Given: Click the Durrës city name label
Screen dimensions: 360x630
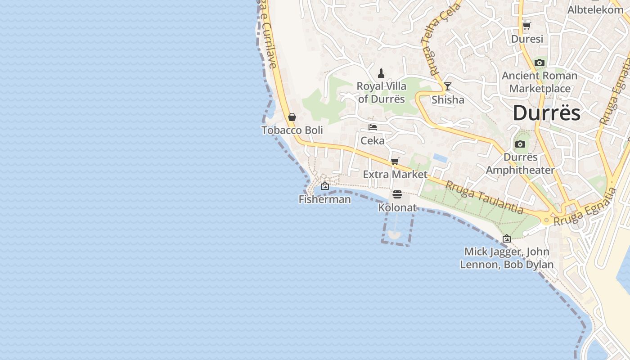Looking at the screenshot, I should click(546, 112).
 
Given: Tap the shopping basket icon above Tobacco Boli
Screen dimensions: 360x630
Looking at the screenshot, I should click(292, 117).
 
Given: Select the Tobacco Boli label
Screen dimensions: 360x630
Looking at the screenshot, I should click(292, 130).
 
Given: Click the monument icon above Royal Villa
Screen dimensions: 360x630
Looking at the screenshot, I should click(381, 73).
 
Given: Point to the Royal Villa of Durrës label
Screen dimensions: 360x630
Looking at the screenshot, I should click(382, 92).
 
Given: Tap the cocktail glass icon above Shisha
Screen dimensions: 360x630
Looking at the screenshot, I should click(447, 86).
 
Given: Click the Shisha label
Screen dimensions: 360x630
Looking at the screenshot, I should click(448, 100).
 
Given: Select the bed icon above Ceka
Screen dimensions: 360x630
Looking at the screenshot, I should click(373, 127).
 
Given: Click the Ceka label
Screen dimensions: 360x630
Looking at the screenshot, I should click(373, 141).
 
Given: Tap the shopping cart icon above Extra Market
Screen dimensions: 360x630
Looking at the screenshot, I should click(395, 161).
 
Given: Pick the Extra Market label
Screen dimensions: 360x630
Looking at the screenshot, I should click(395, 174).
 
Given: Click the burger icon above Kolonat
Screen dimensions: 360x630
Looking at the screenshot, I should click(397, 194).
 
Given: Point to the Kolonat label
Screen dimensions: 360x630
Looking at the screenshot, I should click(397, 208).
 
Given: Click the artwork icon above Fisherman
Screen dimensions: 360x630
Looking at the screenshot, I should click(325, 186).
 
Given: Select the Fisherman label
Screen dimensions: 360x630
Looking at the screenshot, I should click(325, 199).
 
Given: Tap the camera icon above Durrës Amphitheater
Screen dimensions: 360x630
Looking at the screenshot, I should click(520, 144).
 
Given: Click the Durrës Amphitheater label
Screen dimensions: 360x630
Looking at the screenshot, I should click(520, 164).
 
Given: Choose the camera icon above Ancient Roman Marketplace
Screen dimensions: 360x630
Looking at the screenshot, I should click(540, 63).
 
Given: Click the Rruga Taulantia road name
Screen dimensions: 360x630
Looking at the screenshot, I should click(484, 197).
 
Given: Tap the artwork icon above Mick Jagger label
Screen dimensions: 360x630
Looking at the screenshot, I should click(507, 238).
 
